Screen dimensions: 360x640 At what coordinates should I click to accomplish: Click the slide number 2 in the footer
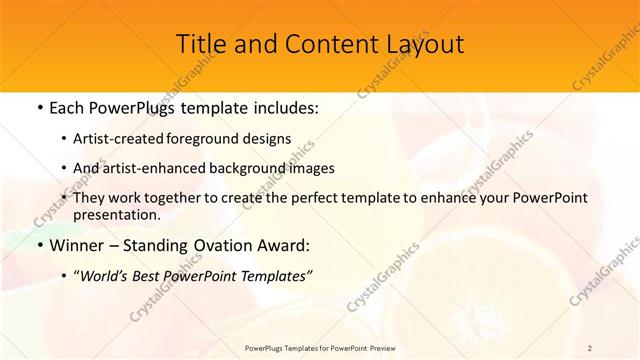point(589,347)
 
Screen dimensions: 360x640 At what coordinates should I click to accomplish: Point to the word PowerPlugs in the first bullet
point(135,106)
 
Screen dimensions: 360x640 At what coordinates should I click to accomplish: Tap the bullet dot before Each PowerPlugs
point(38,106)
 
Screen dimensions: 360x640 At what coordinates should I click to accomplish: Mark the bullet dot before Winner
point(38,245)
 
